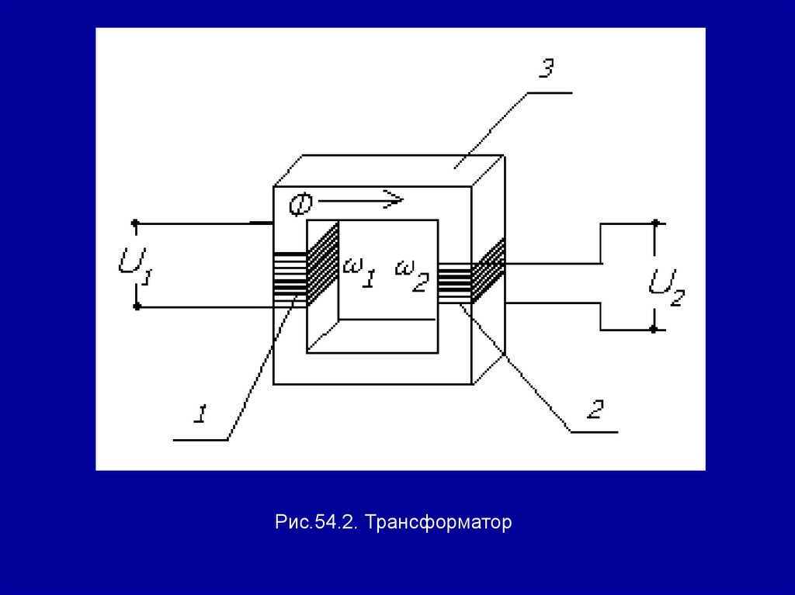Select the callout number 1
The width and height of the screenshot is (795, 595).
pyautogui.click(x=200, y=414)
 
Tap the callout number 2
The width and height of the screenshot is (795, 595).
pyautogui.click(x=594, y=409)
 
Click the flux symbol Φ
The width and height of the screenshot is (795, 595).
pyautogui.click(x=300, y=204)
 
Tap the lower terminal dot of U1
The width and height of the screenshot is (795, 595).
pyautogui.click(x=137, y=307)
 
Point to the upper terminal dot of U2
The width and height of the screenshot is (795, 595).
pyautogui.click(x=654, y=223)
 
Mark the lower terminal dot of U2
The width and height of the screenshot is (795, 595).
pyautogui.click(x=654, y=329)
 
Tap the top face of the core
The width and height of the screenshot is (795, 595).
pyautogui.click(x=388, y=171)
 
